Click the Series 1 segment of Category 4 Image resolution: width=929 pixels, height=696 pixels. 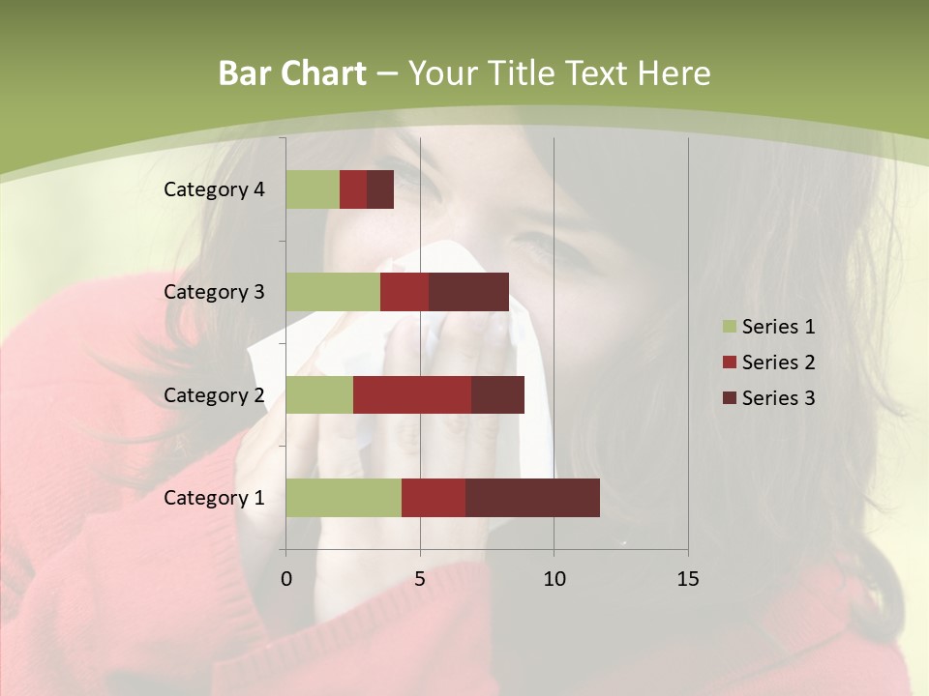(313, 189)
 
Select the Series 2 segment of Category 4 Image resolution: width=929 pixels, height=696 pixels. (353, 189)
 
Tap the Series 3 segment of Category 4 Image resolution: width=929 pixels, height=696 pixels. (380, 189)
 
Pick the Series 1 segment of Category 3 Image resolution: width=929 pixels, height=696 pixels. (333, 292)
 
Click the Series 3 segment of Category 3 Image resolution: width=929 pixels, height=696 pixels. (468, 292)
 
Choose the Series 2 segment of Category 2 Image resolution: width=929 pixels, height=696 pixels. (412, 394)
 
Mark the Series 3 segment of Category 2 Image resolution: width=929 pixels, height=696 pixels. (497, 394)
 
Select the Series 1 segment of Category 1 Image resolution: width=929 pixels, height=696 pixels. (344, 498)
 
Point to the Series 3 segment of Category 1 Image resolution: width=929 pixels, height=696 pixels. (532, 498)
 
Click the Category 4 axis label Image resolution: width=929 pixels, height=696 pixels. (214, 189)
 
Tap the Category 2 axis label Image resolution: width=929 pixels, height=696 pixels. (214, 394)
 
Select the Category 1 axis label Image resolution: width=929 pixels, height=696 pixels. (214, 498)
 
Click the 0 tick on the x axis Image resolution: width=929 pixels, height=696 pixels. (286, 579)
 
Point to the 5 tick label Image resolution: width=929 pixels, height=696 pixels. (420, 579)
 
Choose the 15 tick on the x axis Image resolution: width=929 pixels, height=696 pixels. (688, 579)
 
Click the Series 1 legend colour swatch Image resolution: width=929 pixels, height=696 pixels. (729, 327)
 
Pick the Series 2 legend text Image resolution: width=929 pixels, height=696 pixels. (778, 362)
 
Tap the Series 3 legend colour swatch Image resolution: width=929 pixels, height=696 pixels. (729, 398)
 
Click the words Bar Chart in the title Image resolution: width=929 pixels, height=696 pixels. (292, 73)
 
